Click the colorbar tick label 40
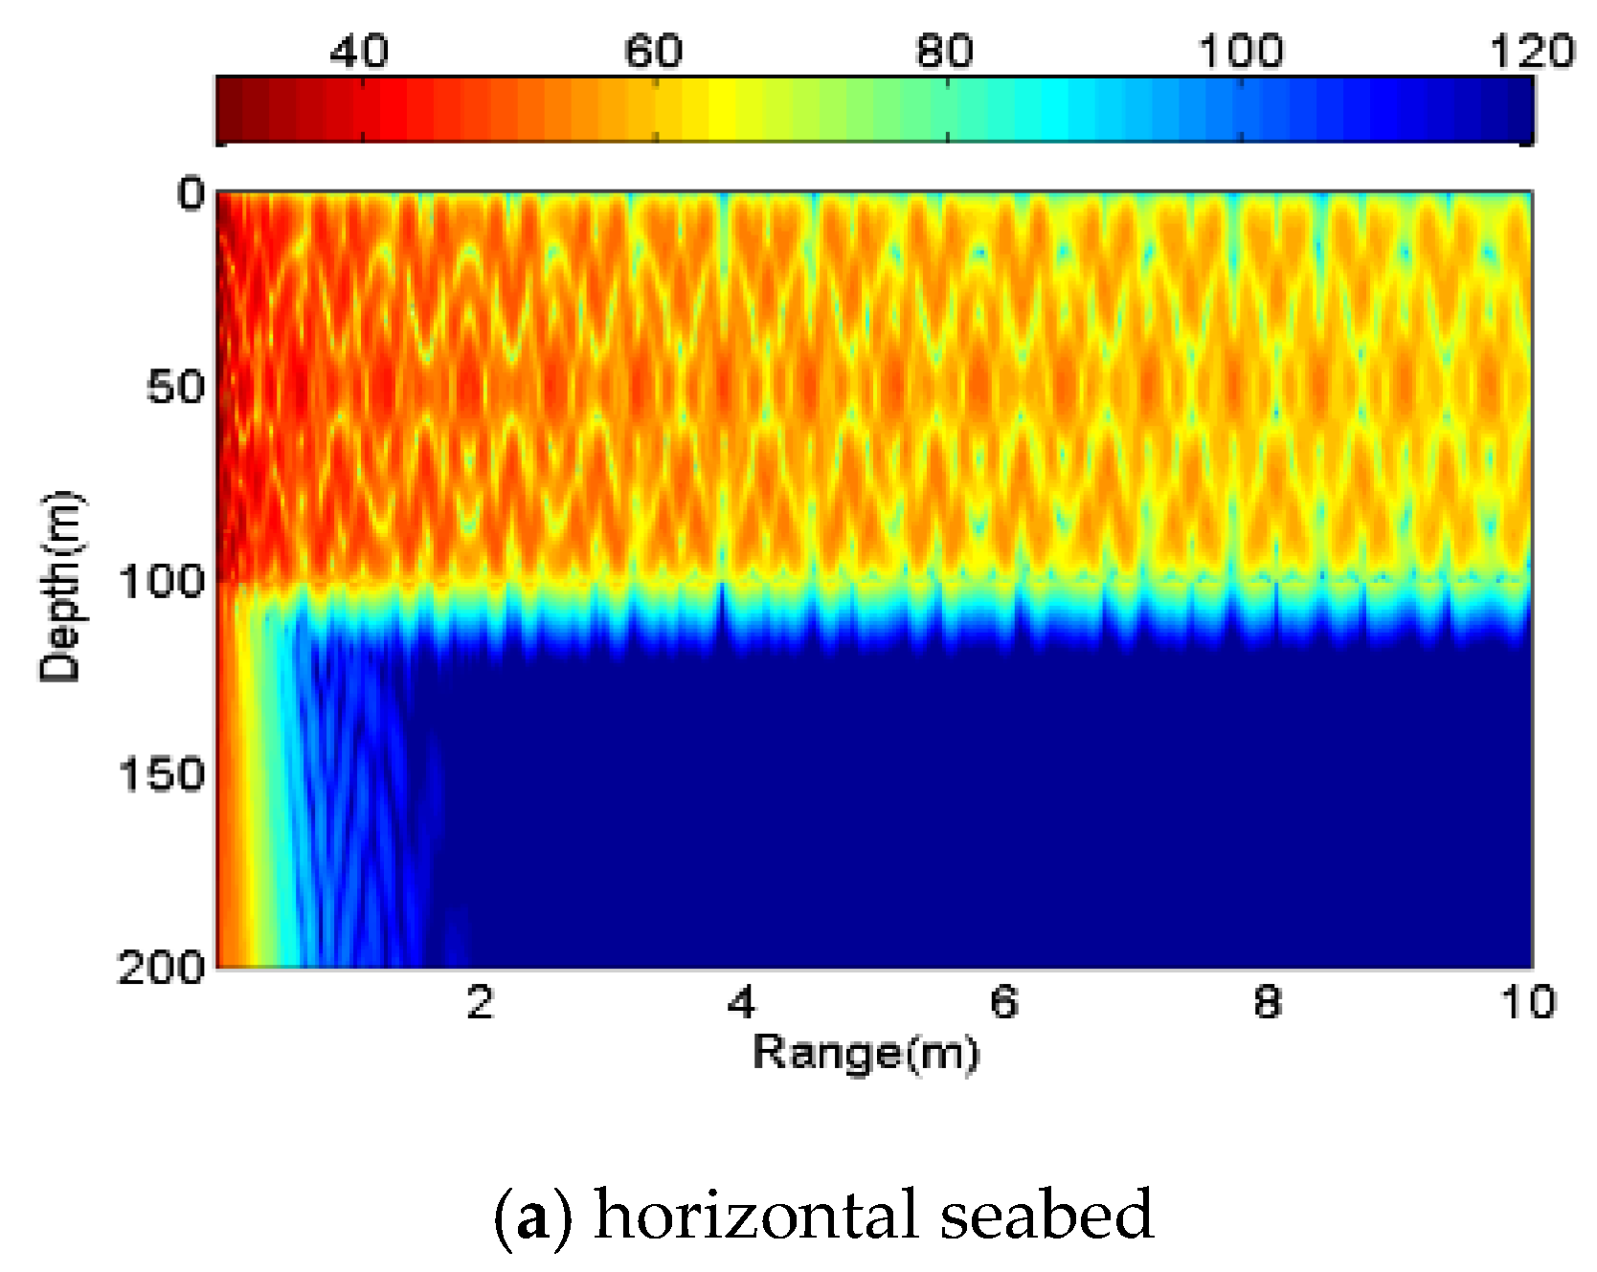pos(359,51)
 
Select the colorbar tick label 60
pos(653,51)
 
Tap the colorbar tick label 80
pos(944,51)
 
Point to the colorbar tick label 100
pos(1240,51)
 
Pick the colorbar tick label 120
pos(1531,51)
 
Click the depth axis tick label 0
pos(191,194)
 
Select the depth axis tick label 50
pos(175,388)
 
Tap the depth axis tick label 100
pos(161,581)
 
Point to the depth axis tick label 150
pos(161,774)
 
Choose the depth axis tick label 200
pos(161,968)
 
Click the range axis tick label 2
pos(480,1002)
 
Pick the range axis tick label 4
pos(741,1002)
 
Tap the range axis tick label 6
pos(1004,1002)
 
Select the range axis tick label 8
pos(1267,1002)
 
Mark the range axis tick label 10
pos(1527,1002)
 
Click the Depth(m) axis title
pos(59,586)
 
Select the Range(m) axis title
pos(866,1054)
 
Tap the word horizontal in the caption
pos(755,1214)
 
